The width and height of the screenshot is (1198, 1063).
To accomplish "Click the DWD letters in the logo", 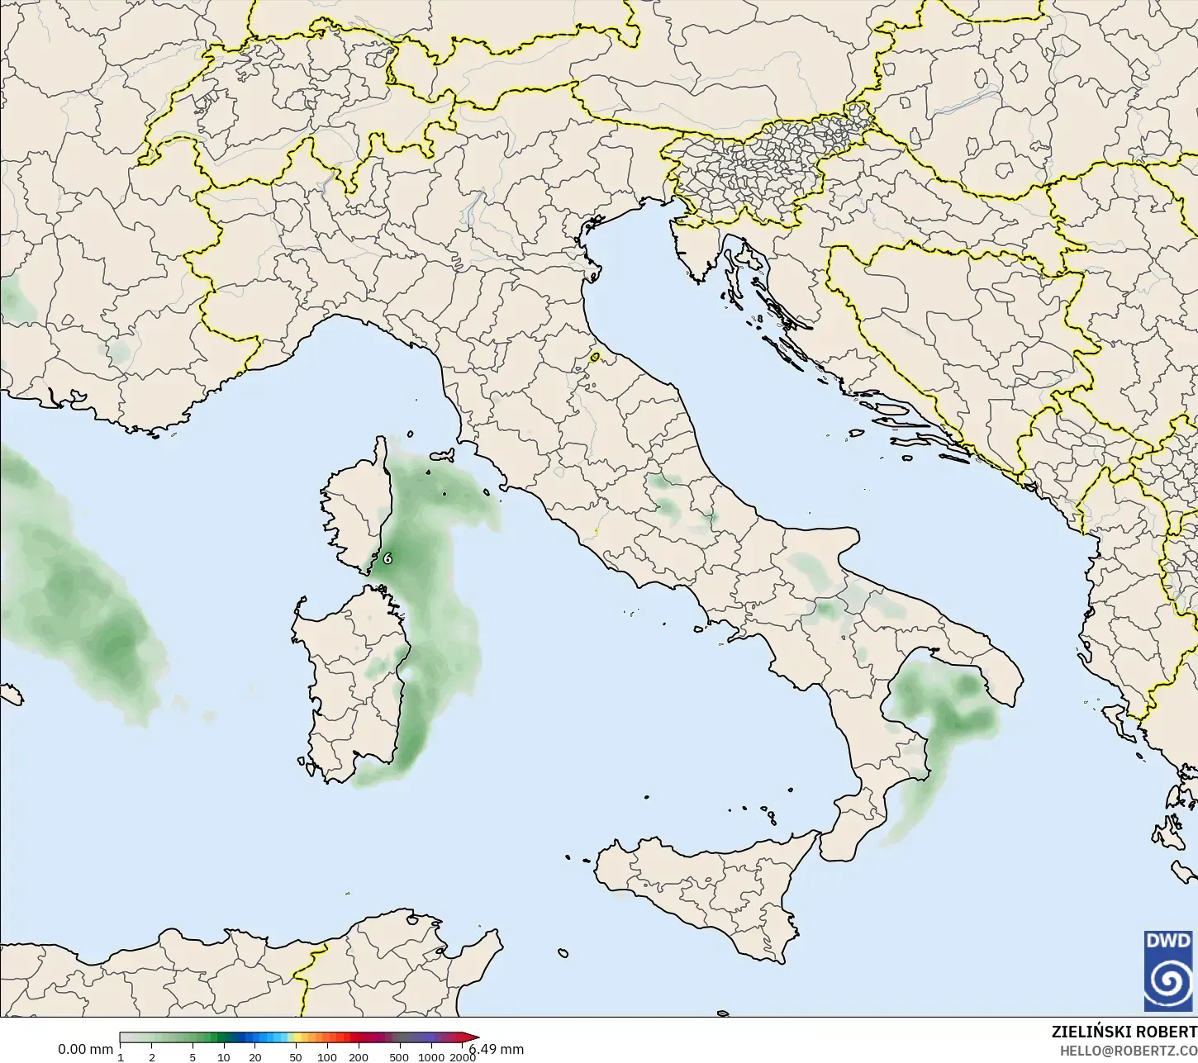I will tap(1167, 941).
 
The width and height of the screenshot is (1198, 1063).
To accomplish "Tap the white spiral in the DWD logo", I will tap(1167, 980).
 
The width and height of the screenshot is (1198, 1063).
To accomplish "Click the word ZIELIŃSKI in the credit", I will tap(1091, 1032).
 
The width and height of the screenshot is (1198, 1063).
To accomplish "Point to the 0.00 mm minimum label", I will tap(85, 1050).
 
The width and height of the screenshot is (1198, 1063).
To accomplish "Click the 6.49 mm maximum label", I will tap(497, 1050).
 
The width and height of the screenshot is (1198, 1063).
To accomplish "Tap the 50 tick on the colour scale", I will tap(296, 1056).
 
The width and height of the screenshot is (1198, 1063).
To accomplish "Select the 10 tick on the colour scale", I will tap(224, 1056).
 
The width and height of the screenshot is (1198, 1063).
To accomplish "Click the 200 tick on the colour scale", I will tap(359, 1056).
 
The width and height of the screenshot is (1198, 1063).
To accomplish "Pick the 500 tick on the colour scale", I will tap(399, 1056).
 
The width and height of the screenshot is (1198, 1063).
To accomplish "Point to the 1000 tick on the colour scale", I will tap(430, 1056).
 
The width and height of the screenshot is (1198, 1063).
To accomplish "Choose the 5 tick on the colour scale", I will tap(193, 1056).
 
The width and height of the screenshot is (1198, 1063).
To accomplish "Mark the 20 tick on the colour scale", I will tap(255, 1056).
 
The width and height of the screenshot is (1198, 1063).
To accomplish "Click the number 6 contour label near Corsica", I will tap(387, 558).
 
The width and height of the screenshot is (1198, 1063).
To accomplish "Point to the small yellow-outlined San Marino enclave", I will tap(595, 358).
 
